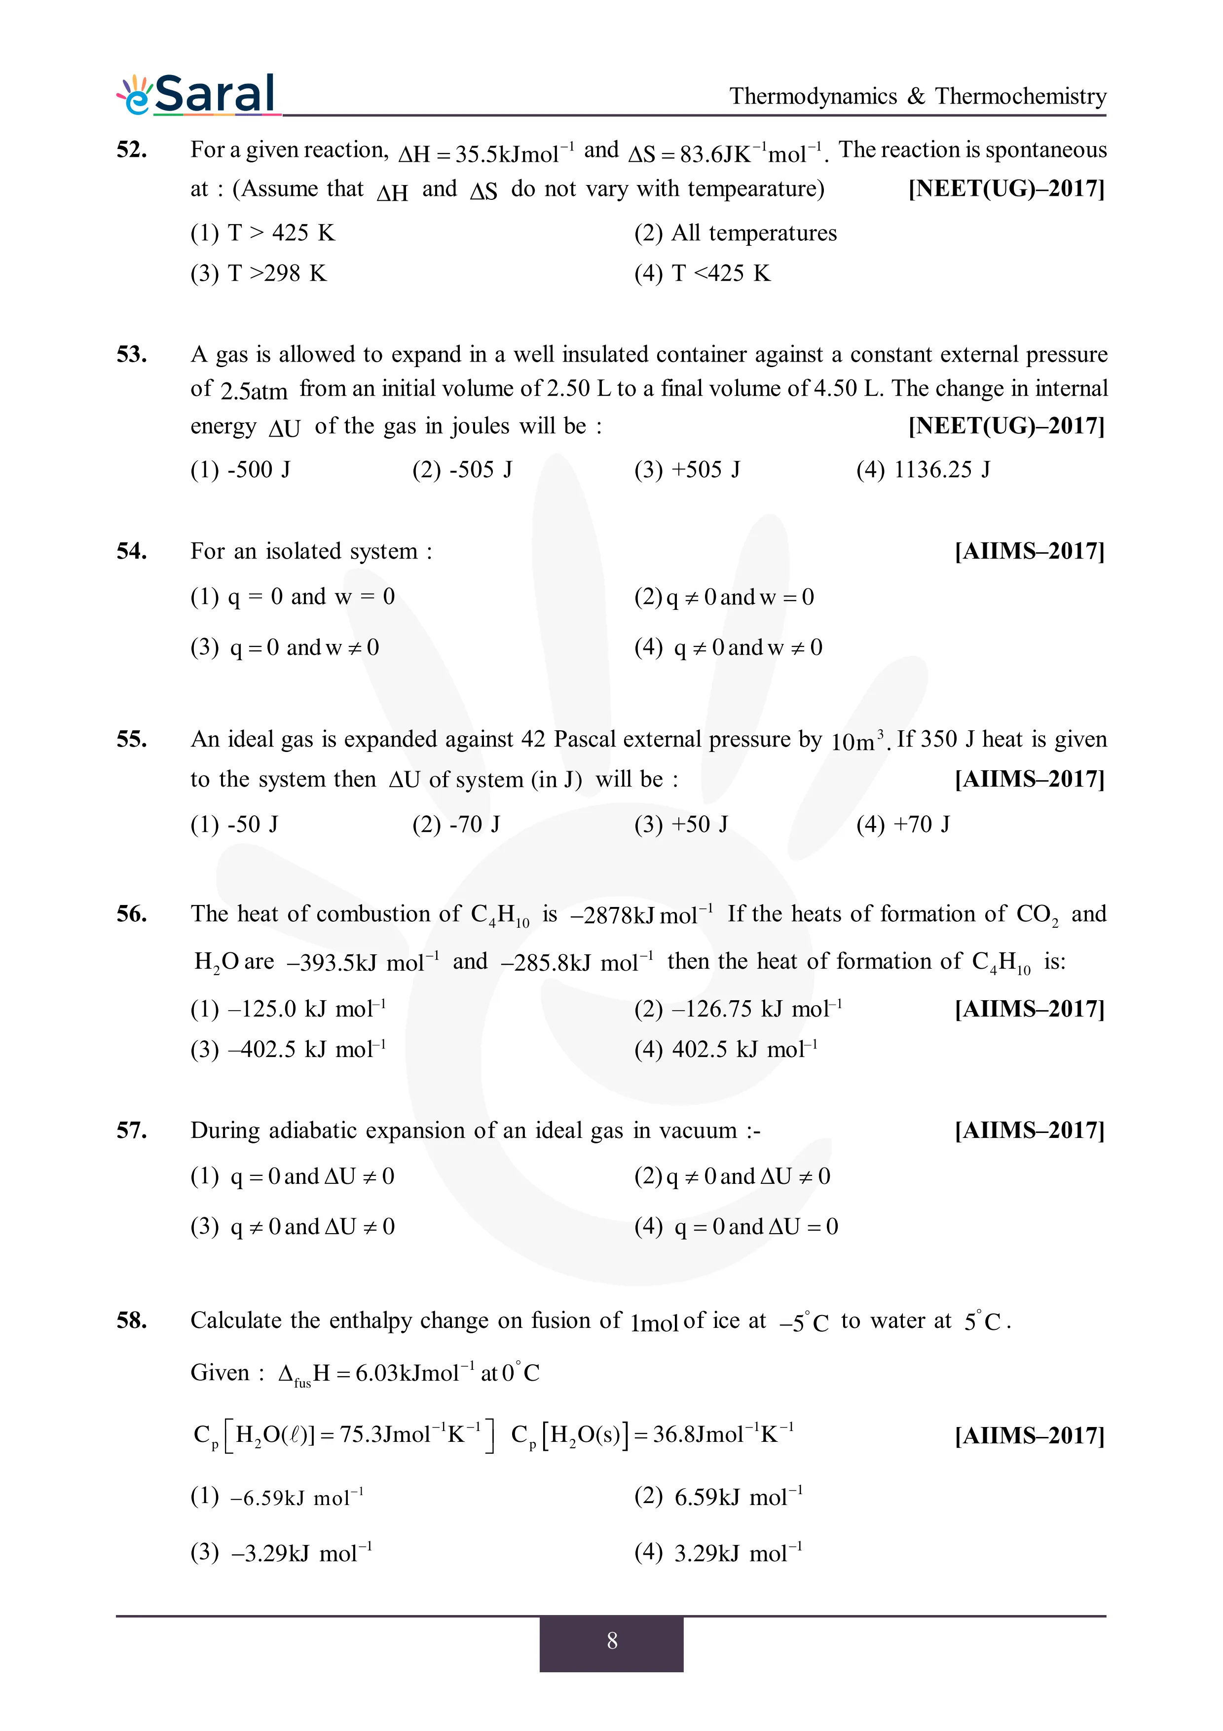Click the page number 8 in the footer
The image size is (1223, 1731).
(x=611, y=1641)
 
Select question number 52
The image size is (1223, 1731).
(x=132, y=150)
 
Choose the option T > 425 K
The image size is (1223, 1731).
(x=262, y=233)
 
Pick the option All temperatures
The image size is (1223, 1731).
(x=736, y=233)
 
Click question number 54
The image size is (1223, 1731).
(x=132, y=551)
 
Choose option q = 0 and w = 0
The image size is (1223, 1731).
(x=293, y=597)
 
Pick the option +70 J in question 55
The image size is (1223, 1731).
(x=903, y=824)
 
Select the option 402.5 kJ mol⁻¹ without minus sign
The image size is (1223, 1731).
(x=726, y=1050)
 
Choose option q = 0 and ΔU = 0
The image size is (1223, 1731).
(x=736, y=1227)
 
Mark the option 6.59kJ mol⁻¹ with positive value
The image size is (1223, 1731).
(x=718, y=1497)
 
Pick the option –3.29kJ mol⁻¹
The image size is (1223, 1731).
(x=281, y=1553)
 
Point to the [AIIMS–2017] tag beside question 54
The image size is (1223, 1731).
(x=1029, y=551)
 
